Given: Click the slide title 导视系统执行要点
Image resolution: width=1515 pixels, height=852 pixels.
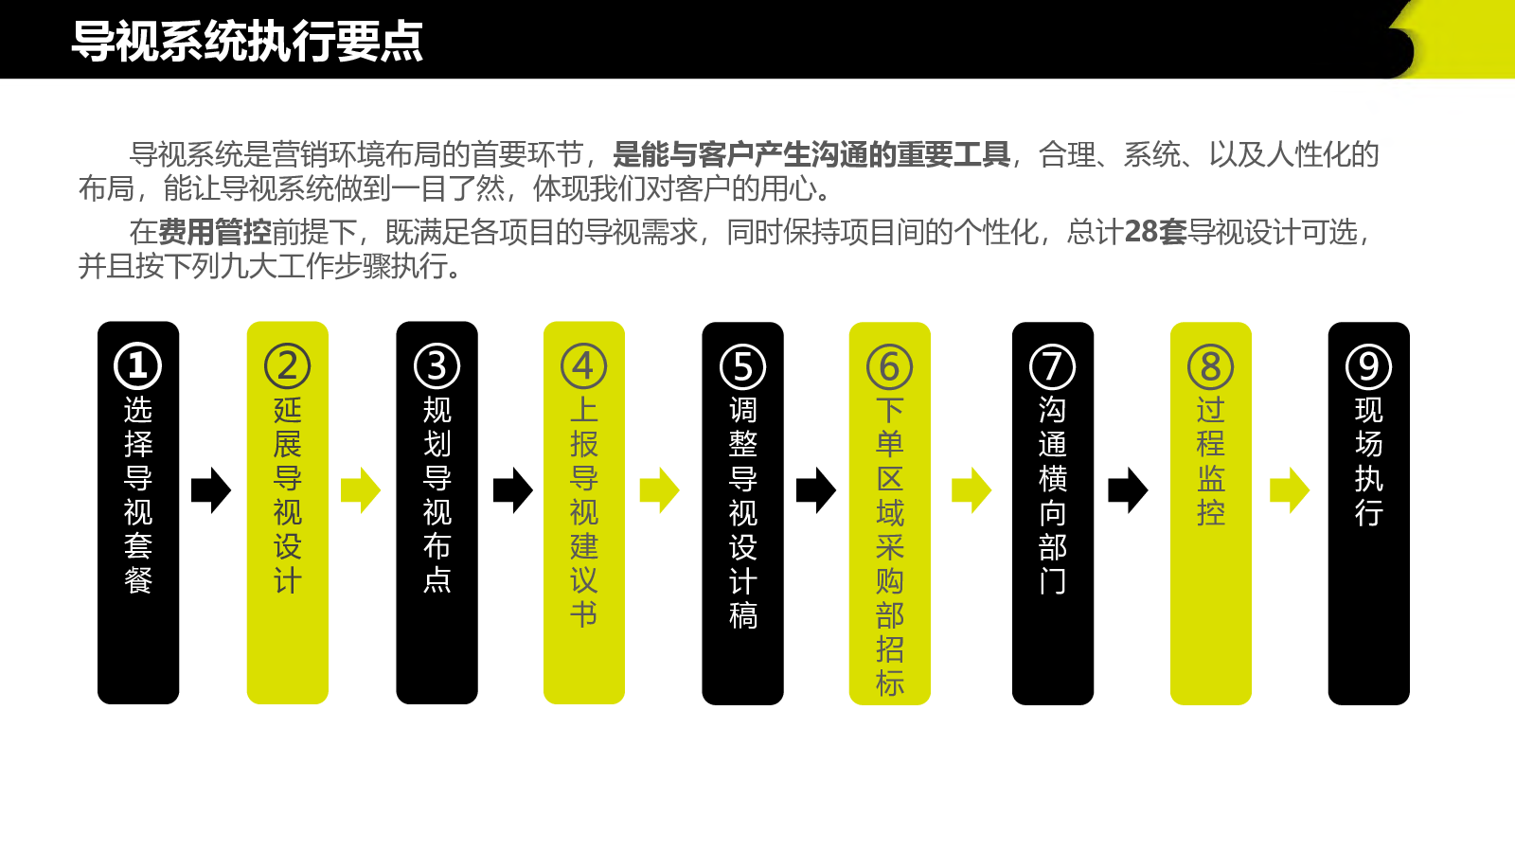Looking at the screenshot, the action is coord(247,42).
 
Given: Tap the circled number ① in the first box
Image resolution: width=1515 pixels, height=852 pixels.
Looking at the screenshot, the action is coord(137,365).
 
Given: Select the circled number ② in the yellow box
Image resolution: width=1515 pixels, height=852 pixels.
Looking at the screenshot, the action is coord(288,365).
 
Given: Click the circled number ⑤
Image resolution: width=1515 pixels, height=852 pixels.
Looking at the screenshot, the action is coord(742,366).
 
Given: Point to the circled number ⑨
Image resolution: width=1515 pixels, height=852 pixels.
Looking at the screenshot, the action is coord(1369,366).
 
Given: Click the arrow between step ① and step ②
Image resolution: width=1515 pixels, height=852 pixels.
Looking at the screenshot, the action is coord(211,490).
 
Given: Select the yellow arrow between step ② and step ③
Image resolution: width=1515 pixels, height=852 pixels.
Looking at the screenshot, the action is coord(361,490).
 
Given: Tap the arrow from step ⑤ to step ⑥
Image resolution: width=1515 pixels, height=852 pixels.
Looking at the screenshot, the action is coord(815,490).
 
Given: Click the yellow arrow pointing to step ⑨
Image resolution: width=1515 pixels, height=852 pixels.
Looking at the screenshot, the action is coord(1290,490).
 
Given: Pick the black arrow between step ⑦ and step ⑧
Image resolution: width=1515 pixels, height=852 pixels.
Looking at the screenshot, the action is coord(1128,490).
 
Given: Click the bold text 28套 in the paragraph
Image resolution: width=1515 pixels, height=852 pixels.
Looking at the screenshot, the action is coord(1155,232).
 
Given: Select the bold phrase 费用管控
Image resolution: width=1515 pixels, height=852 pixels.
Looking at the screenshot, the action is coord(214,232).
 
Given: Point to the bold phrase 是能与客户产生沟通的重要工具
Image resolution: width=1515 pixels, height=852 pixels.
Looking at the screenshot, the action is coord(811,154).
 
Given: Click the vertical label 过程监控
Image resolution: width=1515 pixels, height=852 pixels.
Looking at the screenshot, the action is coord(1211,461).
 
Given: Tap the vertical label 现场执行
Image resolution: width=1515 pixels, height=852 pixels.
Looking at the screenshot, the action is coord(1369,461).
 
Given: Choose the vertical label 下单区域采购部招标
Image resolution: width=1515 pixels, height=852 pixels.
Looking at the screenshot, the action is coord(889,546).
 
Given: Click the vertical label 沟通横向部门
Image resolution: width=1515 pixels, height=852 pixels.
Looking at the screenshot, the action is coord(1052,496).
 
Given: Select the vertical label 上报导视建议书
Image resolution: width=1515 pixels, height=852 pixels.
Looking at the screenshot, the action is coord(583,512).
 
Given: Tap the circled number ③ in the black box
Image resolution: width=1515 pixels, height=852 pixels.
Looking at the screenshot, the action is coord(437,365).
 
